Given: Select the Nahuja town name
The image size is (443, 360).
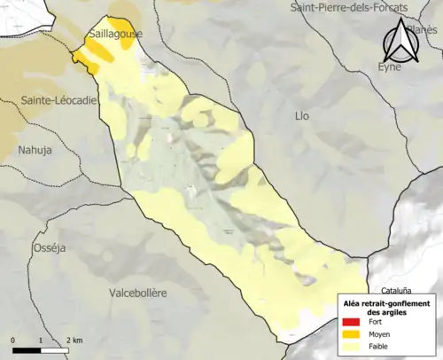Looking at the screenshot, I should tap(35, 150).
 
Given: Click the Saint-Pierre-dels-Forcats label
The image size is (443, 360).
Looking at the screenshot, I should tap(349, 8).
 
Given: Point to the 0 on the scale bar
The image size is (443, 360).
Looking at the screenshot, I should tap(14, 340).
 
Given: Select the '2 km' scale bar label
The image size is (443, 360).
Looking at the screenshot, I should tap(74, 340).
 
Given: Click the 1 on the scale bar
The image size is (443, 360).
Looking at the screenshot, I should tap(42, 340).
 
